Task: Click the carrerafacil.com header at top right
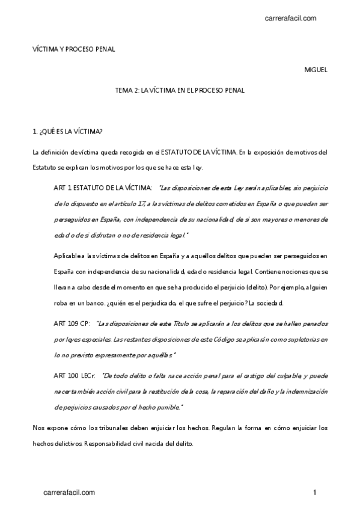pos(290,19)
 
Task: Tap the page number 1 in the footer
pos(314,493)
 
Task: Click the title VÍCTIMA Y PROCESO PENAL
pos(73,49)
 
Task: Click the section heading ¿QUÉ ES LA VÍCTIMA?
pos(67,131)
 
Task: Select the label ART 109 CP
pos(70,324)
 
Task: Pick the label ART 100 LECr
pos(73,375)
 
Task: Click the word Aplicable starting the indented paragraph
pos(67,256)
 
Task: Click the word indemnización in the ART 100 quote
pos(303,392)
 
